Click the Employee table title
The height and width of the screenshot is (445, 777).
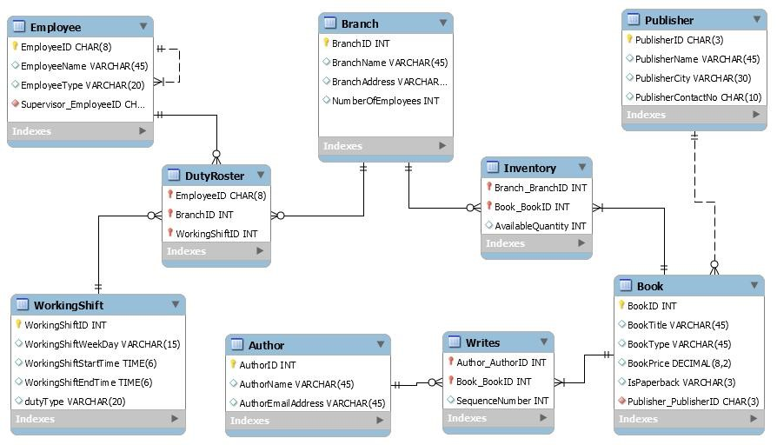coord(56,28)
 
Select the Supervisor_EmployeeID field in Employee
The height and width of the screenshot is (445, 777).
coord(83,104)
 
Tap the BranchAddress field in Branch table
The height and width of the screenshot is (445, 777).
coord(388,82)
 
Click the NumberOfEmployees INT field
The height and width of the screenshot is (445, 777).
coord(385,101)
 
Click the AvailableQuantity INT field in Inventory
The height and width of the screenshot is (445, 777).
coord(540,226)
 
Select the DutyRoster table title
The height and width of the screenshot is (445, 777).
coord(214,176)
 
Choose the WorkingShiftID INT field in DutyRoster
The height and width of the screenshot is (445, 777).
coord(216,234)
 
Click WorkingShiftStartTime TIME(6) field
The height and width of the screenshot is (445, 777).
coord(90,363)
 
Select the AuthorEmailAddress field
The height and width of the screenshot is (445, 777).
coord(311,403)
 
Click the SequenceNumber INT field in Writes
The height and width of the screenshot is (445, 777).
coord(502,401)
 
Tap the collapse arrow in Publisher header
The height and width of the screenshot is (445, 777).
coord(757,19)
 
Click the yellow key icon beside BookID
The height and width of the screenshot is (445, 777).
coord(621,305)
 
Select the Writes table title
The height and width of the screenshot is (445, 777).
coord(482,342)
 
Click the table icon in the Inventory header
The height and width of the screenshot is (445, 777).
coord(492,168)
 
